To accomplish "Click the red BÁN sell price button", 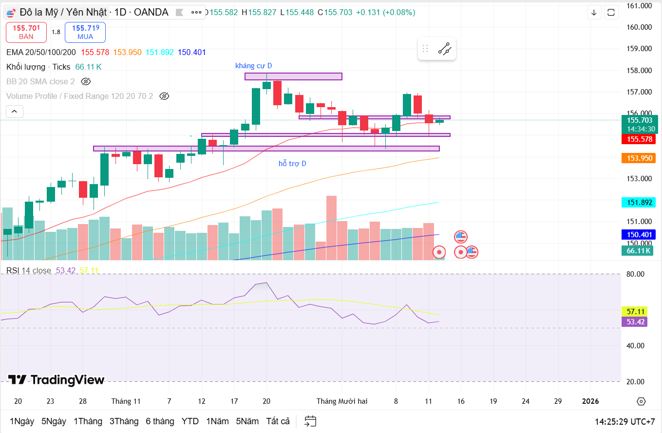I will (x=26, y=32).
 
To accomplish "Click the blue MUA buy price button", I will (x=85, y=32).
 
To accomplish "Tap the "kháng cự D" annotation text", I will (x=253, y=66).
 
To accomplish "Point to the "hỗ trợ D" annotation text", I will (x=292, y=164).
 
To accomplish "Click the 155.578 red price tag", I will (x=639, y=139).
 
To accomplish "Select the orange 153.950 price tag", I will (x=639, y=158).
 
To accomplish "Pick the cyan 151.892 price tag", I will (x=639, y=203).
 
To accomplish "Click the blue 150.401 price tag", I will (x=639, y=234).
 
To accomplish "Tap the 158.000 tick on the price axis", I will (x=639, y=70).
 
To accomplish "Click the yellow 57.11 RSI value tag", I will (x=635, y=311).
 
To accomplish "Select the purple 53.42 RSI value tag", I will (x=635, y=321).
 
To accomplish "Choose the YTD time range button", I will (x=190, y=421).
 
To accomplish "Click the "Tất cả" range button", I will (x=278, y=421).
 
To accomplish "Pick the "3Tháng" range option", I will (x=124, y=421).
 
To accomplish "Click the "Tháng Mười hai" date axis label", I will (x=342, y=401).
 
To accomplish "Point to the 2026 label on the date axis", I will (x=590, y=401).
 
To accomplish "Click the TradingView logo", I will (x=56, y=380).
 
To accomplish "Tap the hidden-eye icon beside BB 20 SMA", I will (x=86, y=81).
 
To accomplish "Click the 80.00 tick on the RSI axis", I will (x=635, y=274).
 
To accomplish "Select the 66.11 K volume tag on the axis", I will (x=638, y=251).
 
